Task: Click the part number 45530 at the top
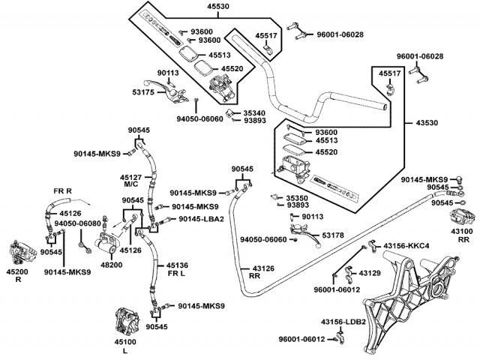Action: (198, 6)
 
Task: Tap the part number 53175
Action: (143, 92)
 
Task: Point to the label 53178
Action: (333, 235)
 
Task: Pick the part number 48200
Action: (112, 264)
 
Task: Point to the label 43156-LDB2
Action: (343, 322)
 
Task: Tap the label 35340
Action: (256, 112)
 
